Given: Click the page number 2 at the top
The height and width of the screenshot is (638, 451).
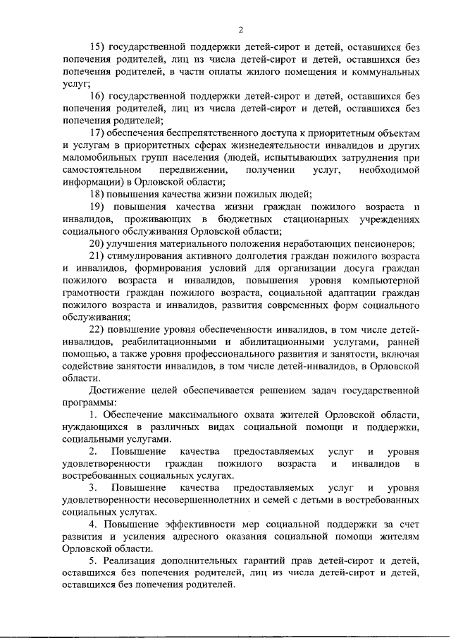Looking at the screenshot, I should [240, 29].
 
